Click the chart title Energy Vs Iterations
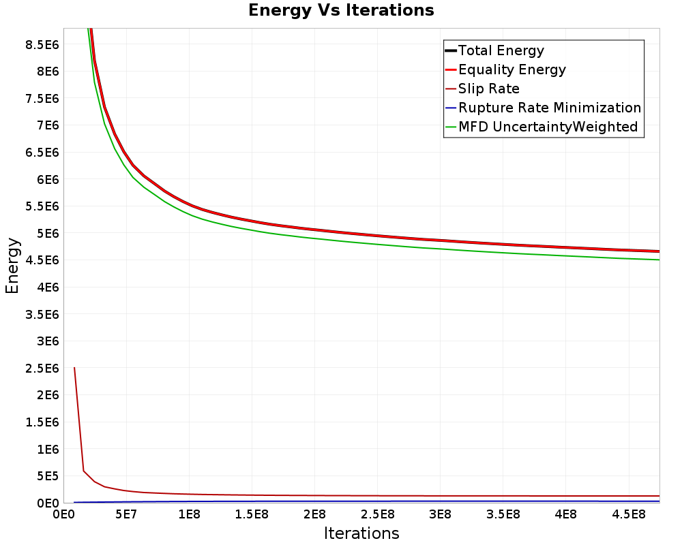tap(341, 10)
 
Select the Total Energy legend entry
tap(501, 50)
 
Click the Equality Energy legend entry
tap(512, 69)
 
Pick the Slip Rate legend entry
tap(489, 89)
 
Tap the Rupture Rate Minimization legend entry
tap(550, 108)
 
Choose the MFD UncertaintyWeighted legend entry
tap(548, 127)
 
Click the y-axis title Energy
tap(12, 265)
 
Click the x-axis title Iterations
tap(361, 533)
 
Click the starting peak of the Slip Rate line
tap(74, 368)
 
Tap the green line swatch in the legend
tap(450, 127)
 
